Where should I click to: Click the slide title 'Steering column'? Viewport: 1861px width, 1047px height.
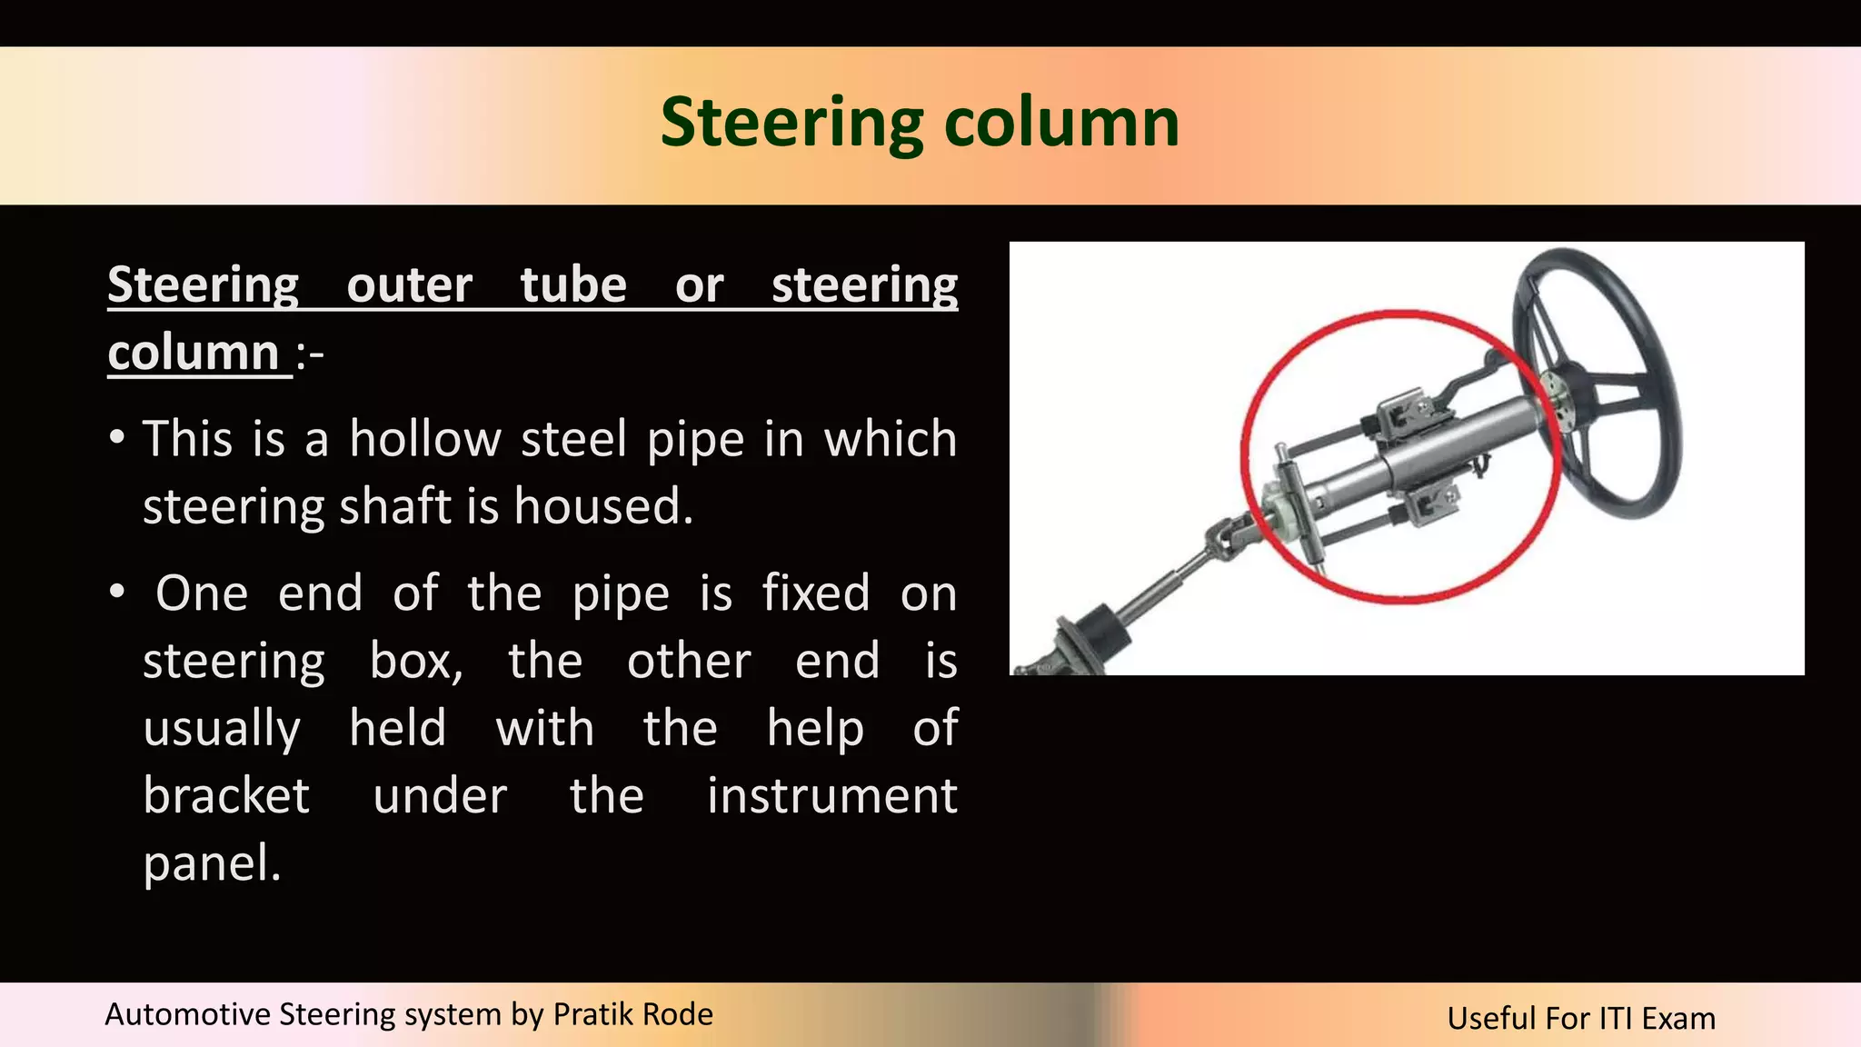pos(919,123)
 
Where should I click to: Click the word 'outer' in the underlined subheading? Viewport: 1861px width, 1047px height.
pos(409,285)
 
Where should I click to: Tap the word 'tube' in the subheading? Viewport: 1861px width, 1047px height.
pos(572,285)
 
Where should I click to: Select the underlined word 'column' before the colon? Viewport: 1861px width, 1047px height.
pos(193,353)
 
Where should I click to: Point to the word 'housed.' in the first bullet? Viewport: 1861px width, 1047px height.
pos(603,506)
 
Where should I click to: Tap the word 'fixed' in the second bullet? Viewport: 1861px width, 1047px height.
pos(815,593)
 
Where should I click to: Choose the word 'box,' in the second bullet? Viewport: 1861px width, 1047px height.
pos(416,661)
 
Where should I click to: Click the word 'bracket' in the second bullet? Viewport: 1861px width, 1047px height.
pos(226,796)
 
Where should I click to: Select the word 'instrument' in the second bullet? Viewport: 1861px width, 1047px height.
pos(831,796)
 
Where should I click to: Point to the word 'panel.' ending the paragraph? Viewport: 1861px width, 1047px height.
pos(212,863)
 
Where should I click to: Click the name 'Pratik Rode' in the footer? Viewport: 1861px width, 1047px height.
pos(632,1014)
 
